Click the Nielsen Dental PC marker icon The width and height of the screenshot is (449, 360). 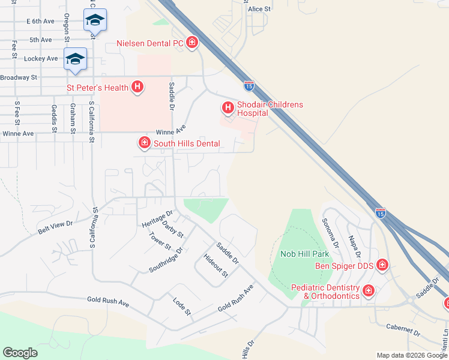tap(192, 42)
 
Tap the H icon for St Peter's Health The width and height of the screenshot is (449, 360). tap(137, 88)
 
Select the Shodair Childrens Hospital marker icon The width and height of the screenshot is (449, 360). tap(228, 108)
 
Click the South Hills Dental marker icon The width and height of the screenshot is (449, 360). tap(144, 143)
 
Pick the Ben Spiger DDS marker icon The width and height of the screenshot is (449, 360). tap(382, 265)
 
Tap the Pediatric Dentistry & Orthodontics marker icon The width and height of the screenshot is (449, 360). tap(369, 292)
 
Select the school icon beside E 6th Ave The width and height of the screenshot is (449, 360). tap(95, 20)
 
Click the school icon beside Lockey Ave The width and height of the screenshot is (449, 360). tap(76, 58)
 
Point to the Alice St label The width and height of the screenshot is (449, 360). tap(260, 9)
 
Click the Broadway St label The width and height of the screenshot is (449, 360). tap(19, 77)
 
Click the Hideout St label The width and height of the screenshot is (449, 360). tap(215, 265)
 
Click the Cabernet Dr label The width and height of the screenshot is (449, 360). tap(403, 331)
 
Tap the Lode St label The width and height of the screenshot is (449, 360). tap(181, 306)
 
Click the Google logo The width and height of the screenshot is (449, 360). tap(20, 353)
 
